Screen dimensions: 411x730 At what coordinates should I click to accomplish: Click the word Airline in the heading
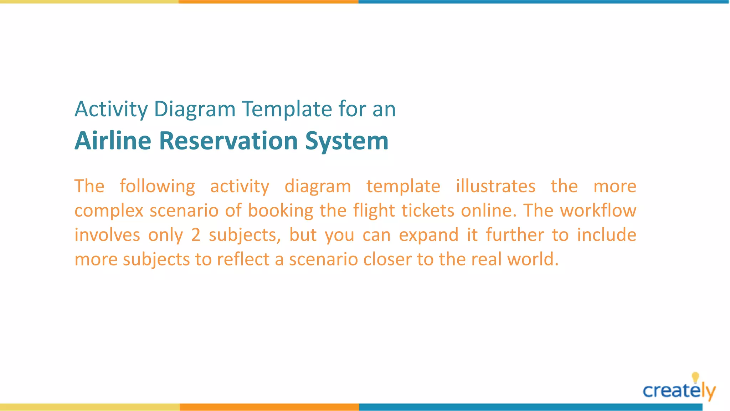pyautogui.click(x=113, y=141)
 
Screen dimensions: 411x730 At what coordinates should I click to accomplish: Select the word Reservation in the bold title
pyautogui.click(x=228, y=141)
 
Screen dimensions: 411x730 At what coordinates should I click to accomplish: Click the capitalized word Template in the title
pyautogui.click(x=287, y=109)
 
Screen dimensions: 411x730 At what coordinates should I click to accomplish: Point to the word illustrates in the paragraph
pyautogui.click(x=495, y=186)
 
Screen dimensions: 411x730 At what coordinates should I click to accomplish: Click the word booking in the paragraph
pyautogui.click(x=281, y=210)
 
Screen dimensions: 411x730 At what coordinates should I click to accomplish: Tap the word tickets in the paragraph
pyautogui.click(x=428, y=210)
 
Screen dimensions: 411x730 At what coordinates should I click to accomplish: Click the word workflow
pyautogui.click(x=598, y=210)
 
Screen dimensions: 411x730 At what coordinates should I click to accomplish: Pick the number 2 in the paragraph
pyautogui.click(x=196, y=235)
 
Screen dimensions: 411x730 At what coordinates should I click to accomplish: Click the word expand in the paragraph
pyautogui.click(x=428, y=235)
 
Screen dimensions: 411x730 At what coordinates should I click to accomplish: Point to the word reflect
pyautogui.click(x=243, y=259)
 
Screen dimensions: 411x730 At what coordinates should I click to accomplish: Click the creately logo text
pyautogui.click(x=674, y=391)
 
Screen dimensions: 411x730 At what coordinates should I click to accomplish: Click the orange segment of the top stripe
pyautogui.click(x=268, y=2)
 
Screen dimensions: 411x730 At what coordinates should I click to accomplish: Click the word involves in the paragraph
pyautogui.click(x=107, y=235)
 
